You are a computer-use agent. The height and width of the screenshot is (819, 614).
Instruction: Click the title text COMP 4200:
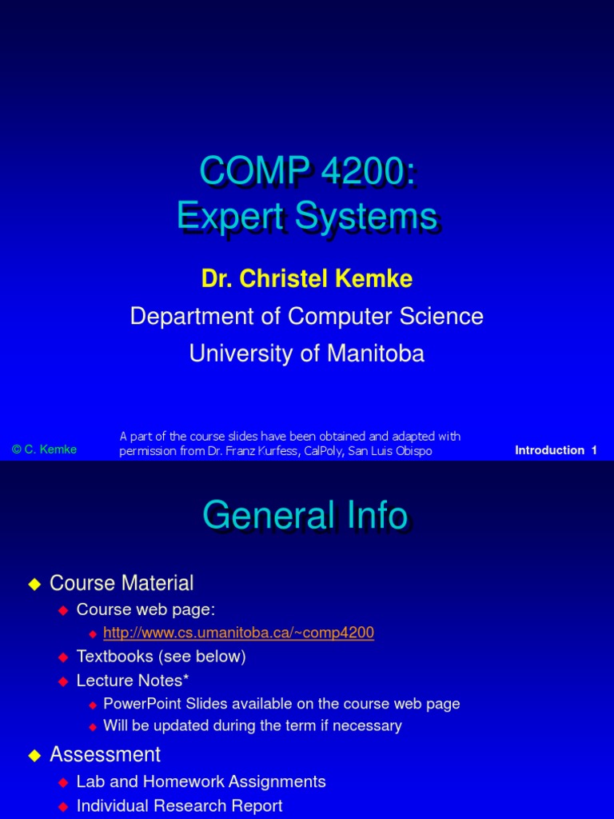[x=307, y=171]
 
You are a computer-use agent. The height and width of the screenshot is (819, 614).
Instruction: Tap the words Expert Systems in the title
[x=307, y=216]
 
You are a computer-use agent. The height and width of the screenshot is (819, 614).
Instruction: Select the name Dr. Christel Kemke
[x=307, y=278]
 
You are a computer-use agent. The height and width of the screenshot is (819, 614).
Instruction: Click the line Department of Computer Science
[x=307, y=316]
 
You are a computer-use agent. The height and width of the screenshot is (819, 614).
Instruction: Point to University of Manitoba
[x=307, y=353]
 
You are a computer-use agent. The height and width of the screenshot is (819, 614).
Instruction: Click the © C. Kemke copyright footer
[x=45, y=449]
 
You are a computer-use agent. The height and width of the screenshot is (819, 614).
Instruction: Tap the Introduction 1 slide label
[x=556, y=450]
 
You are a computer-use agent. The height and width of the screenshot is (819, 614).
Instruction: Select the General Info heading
[x=305, y=516]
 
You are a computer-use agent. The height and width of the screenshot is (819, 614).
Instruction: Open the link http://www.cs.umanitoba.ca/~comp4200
[x=238, y=633]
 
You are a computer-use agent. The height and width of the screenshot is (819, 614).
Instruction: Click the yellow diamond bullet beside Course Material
[x=34, y=585]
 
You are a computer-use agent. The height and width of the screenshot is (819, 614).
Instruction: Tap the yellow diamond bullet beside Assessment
[x=34, y=756]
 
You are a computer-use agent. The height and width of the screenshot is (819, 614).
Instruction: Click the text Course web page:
[x=146, y=609]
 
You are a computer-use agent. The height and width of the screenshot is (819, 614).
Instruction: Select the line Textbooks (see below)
[x=161, y=657]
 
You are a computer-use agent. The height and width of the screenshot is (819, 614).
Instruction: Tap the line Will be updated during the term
[x=253, y=725]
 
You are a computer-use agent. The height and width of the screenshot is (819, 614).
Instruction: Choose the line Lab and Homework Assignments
[x=201, y=781]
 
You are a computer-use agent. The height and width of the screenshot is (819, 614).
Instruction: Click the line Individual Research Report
[x=179, y=805]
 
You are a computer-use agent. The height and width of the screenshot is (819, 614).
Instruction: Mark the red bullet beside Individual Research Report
[x=64, y=806]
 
